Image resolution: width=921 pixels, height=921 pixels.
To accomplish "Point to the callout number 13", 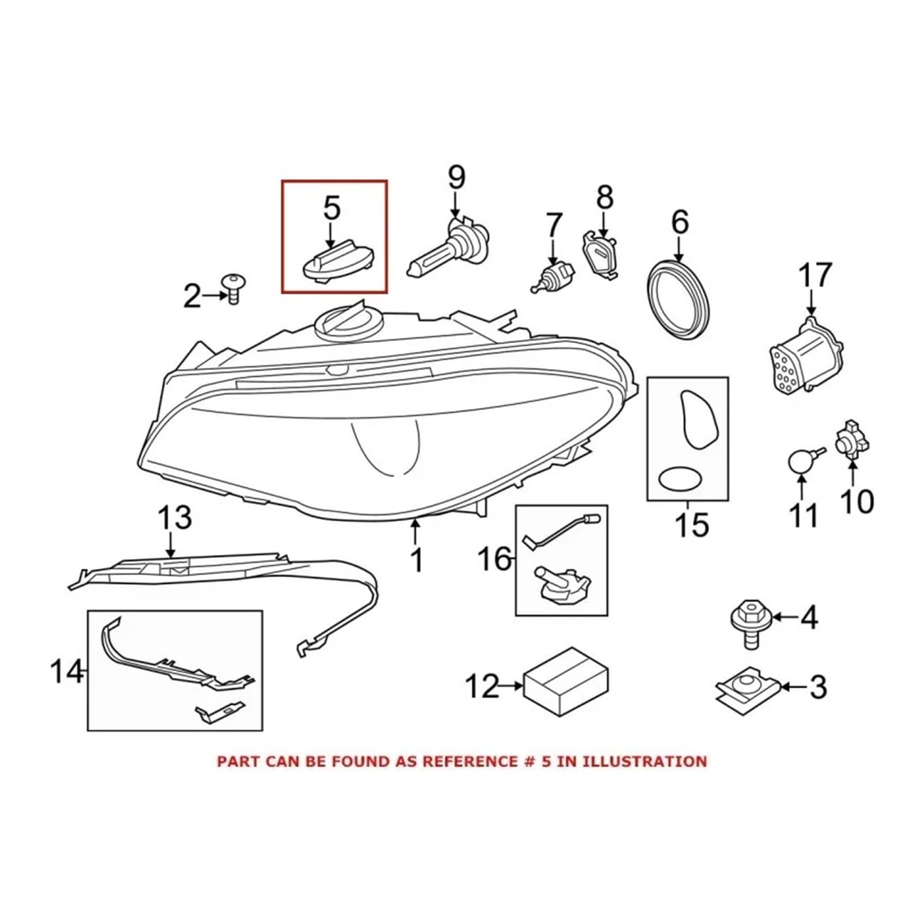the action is (x=175, y=518).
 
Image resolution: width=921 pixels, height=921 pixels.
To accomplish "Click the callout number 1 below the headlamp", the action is (x=416, y=560).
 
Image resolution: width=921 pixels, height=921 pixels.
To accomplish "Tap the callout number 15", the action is (x=692, y=525).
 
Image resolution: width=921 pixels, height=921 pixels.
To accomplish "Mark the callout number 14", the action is (x=67, y=671).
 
